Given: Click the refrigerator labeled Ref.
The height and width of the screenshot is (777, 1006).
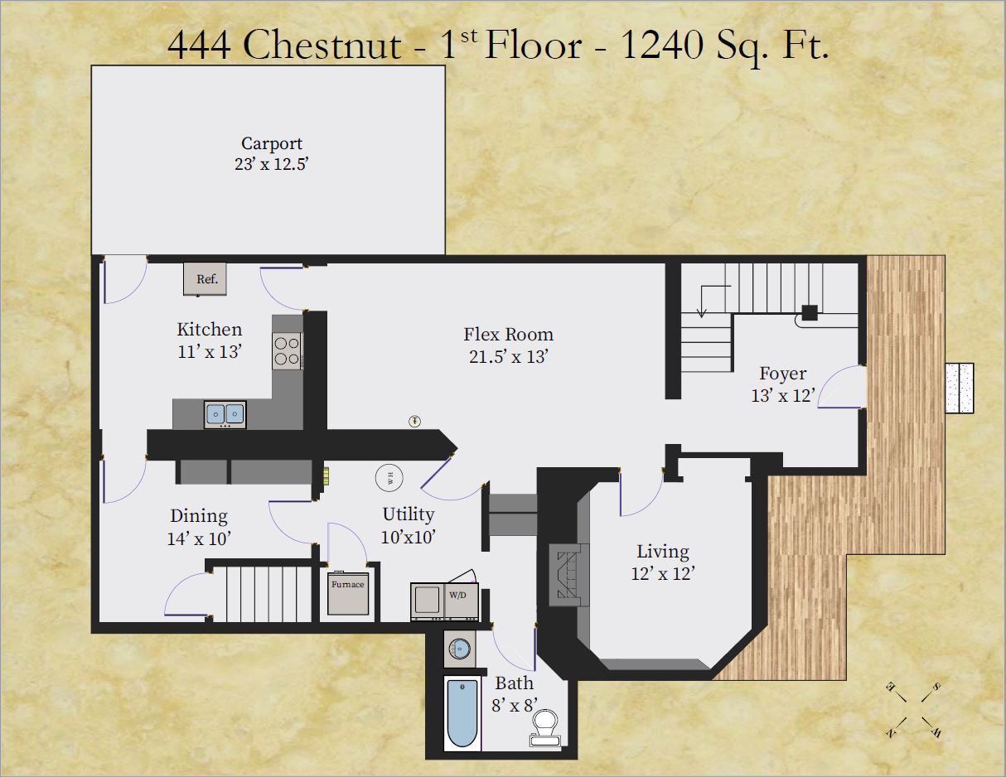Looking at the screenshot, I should point(206,279).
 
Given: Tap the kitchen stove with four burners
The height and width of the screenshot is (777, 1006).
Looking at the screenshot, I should point(287,350).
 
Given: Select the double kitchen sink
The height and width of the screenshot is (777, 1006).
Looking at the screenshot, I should point(225,413).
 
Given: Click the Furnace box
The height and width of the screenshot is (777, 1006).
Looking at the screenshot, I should point(348,593).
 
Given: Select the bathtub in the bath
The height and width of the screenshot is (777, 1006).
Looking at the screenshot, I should point(461,712).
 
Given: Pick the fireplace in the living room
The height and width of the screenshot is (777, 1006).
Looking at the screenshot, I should point(568,575).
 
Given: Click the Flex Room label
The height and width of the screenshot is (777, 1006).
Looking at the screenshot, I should point(508,335).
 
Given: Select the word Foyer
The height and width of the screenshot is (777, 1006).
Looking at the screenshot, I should point(782,374).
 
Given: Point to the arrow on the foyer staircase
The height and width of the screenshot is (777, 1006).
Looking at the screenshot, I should point(702,302).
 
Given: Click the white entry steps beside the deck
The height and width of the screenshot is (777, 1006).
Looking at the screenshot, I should point(961,388).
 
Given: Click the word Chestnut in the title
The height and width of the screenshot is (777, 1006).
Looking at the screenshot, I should point(322,46).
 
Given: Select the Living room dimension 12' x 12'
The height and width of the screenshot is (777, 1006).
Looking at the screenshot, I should point(662,572).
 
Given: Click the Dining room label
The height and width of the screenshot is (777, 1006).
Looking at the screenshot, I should point(199,516).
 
